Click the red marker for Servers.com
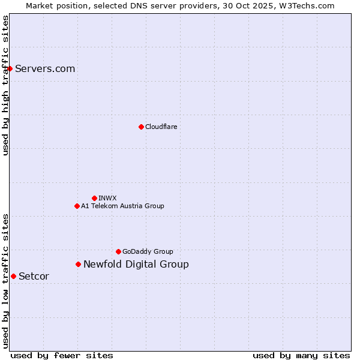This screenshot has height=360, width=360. (10, 68)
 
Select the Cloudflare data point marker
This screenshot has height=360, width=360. (141, 127)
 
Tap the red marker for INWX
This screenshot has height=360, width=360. (94, 198)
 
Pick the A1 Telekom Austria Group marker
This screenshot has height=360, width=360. (77, 206)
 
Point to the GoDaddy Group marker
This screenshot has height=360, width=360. (118, 251)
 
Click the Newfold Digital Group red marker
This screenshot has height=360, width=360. (78, 264)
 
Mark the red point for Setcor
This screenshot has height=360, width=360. (13, 276)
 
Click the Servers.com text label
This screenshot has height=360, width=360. (45, 68)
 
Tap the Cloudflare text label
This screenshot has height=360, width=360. (161, 127)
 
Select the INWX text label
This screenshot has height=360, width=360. (107, 198)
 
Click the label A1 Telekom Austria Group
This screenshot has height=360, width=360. (122, 206)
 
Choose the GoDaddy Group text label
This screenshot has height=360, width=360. (148, 251)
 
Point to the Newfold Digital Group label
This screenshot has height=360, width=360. (136, 264)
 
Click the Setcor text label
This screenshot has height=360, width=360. (34, 276)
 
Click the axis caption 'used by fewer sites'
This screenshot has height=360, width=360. (62, 355)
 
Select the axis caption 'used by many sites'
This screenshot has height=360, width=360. (301, 355)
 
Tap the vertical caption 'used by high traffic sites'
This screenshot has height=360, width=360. (5, 85)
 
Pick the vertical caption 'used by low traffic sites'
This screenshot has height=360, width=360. (5, 280)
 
